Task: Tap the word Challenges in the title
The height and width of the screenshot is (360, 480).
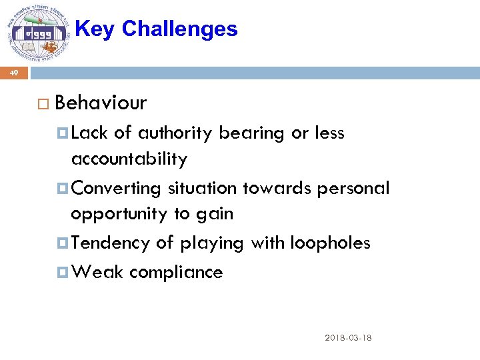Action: pos(179,29)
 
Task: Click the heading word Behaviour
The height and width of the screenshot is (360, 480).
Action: pos(101,103)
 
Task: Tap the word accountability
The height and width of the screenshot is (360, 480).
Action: pos(129,159)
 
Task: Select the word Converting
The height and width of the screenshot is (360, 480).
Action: pos(116,189)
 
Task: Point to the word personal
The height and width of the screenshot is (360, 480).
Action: pos(353,189)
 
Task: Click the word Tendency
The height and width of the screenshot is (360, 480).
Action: pos(110,243)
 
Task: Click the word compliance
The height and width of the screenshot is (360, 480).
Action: pos(176,273)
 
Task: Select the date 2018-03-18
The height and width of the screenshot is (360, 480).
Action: pos(348,338)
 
